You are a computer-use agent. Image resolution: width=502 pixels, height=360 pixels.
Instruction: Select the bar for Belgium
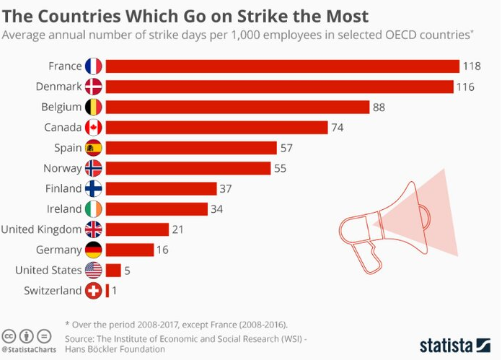coord(238,107)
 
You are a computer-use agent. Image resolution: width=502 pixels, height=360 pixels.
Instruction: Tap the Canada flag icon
coord(94,128)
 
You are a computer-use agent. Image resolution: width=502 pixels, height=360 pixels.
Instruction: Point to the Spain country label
coord(66,148)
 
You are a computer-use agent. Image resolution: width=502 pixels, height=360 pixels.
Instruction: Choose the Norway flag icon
coord(94,168)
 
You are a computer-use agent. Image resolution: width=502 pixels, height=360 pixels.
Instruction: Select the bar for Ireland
coord(156,209)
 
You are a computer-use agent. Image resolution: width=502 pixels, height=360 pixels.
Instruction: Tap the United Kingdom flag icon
coord(94,229)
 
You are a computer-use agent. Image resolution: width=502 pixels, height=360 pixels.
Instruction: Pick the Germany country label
coord(58,250)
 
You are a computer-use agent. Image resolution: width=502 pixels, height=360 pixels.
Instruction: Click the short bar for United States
coord(113,271)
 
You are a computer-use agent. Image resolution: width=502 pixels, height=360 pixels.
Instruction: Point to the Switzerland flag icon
coord(94,291)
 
